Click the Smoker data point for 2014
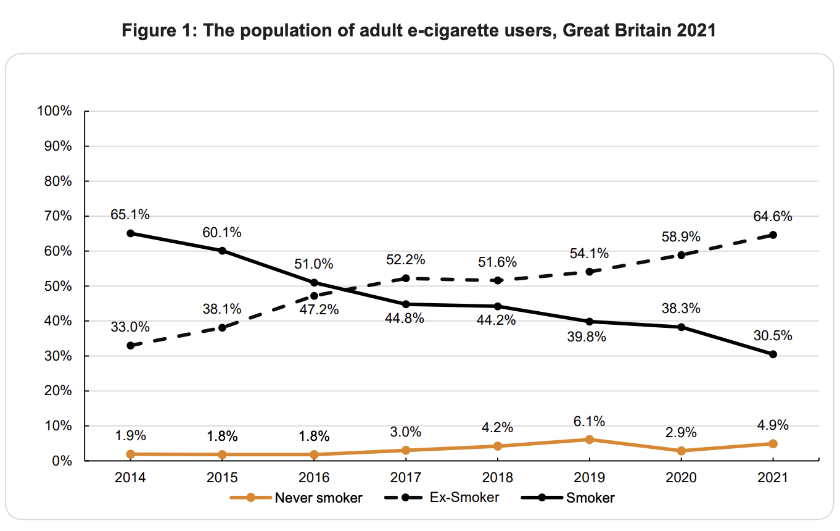coord(130,233)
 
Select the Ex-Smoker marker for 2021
coord(773,235)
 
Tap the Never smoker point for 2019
coord(589,440)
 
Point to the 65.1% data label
coord(130,215)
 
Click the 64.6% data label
coord(773,217)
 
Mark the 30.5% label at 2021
coord(773,337)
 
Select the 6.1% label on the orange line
coord(589,421)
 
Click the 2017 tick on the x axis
coord(406,478)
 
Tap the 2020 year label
coord(681,478)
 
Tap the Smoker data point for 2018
coord(498,306)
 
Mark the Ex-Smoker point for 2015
coord(222,328)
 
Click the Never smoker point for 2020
coord(681,451)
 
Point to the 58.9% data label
coord(681,237)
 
